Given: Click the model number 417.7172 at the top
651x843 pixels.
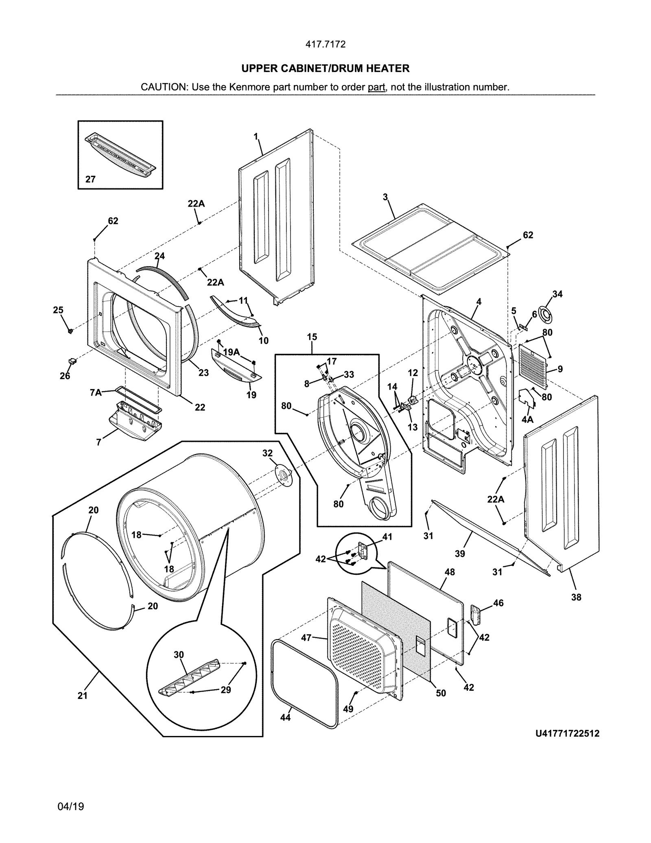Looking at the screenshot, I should pyautogui.click(x=325, y=44).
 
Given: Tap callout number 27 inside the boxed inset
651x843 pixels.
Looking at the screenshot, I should pyautogui.click(x=90, y=179).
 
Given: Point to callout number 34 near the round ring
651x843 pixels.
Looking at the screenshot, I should pyautogui.click(x=557, y=294).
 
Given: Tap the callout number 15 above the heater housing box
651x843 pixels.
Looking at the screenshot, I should pyautogui.click(x=312, y=337).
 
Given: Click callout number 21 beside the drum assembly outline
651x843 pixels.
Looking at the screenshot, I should pyautogui.click(x=83, y=696).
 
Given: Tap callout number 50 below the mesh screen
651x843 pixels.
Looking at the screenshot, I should pyautogui.click(x=441, y=693).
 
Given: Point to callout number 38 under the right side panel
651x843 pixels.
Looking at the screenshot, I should pyautogui.click(x=576, y=598).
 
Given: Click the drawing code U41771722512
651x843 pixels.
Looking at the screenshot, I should pyautogui.click(x=567, y=734).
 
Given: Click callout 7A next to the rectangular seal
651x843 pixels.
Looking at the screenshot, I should pyautogui.click(x=96, y=392).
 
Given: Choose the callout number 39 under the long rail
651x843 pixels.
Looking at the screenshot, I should pyautogui.click(x=460, y=553).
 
